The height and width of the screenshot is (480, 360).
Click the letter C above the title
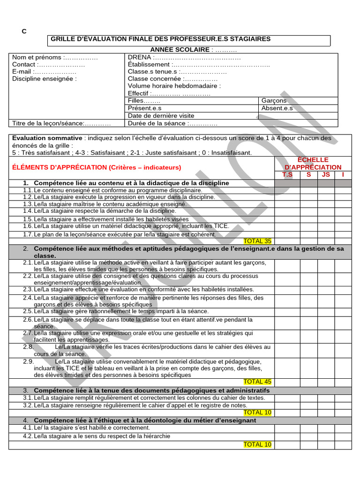click(24, 31)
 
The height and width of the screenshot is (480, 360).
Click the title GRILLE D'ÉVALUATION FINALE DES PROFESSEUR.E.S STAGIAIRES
click(160, 39)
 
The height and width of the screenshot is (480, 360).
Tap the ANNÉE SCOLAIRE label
click(180, 49)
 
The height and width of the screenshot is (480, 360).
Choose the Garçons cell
click(274, 101)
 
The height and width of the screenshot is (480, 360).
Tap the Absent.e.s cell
click(277, 108)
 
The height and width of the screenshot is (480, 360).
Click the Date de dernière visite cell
click(161, 115)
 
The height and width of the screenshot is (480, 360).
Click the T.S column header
click(287, 175)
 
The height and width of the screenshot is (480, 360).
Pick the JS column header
click(326, 175)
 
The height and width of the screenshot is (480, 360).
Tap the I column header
click(343, 175)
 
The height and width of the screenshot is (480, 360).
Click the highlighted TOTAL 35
click(257, 241)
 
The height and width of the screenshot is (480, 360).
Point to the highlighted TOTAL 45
click(257, 382)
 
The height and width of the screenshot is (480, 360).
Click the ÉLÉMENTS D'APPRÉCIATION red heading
click(97, 167)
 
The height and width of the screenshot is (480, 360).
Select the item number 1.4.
click(28, 211)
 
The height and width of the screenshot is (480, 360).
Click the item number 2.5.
click(28, 311)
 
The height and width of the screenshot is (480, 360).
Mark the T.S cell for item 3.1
click(287, 398)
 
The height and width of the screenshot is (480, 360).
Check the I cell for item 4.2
click(343, 436)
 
